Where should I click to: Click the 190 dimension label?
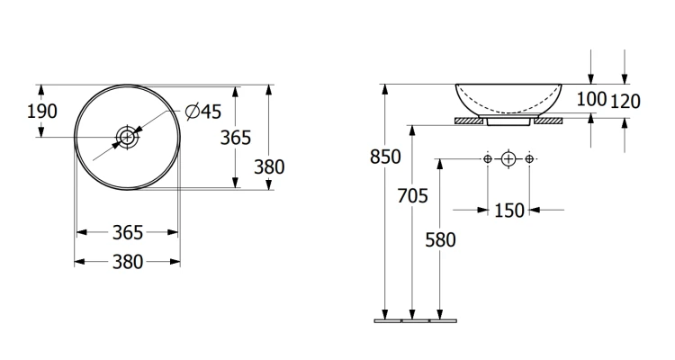click(41, 111)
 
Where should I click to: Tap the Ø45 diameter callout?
click(203, 112)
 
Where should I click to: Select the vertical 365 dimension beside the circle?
click(236, 138)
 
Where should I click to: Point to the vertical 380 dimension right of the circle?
click(269, 167)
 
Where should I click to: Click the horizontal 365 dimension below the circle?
click(128, 232)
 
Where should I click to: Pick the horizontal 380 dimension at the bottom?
click(128, 262)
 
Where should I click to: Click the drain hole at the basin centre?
click(127, 138)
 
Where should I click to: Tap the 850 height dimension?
click(385, 157)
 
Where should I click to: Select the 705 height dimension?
click(412, 196)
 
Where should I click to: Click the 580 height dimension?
click(440, 240)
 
